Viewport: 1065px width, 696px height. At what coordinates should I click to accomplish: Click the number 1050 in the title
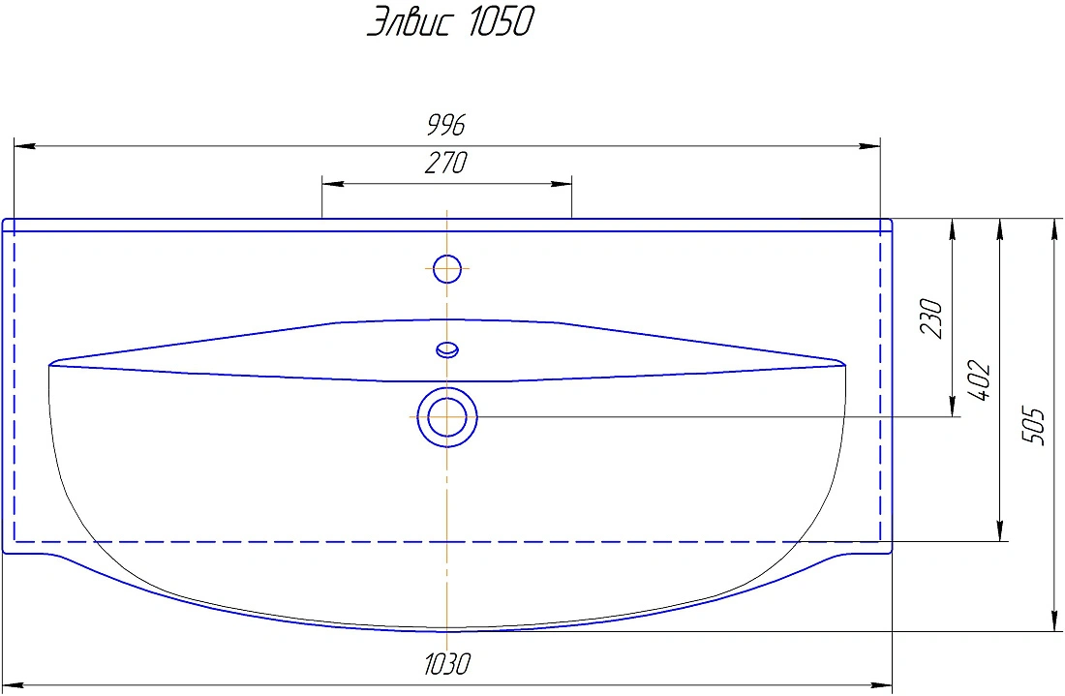[500, 21]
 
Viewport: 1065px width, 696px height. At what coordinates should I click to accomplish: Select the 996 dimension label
[446, 125]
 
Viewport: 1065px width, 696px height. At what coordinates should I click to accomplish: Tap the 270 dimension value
[446, 163]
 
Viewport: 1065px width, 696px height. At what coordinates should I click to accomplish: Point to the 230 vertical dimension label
[931, 318]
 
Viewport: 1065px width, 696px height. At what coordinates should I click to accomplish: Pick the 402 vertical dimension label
[979, 381]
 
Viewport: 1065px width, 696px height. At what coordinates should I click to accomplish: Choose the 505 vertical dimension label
[1033, 426]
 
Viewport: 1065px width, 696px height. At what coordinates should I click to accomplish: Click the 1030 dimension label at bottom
[447, 663]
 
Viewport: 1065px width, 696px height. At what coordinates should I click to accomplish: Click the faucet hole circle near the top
[447, 269]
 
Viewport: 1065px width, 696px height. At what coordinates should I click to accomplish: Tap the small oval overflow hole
[447, 349]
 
